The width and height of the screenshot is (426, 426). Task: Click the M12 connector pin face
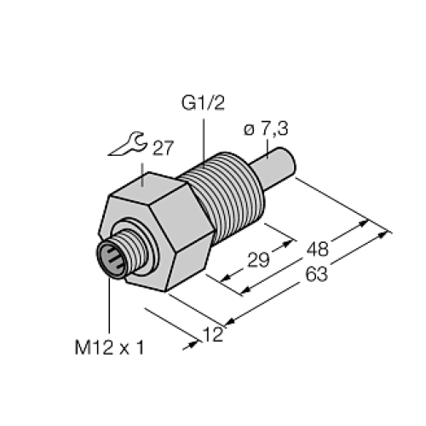coord(111,257)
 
